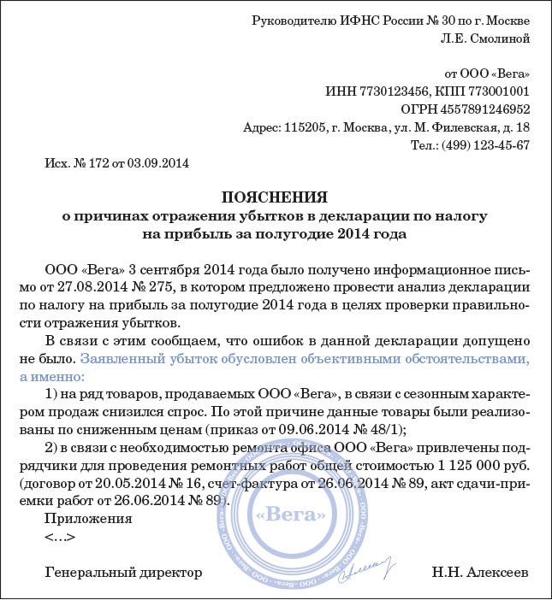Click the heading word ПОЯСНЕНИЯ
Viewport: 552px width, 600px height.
[x=275, y=195]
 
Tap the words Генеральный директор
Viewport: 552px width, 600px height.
[x=123, y=571]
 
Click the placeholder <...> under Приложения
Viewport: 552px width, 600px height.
[x=60, y=537]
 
